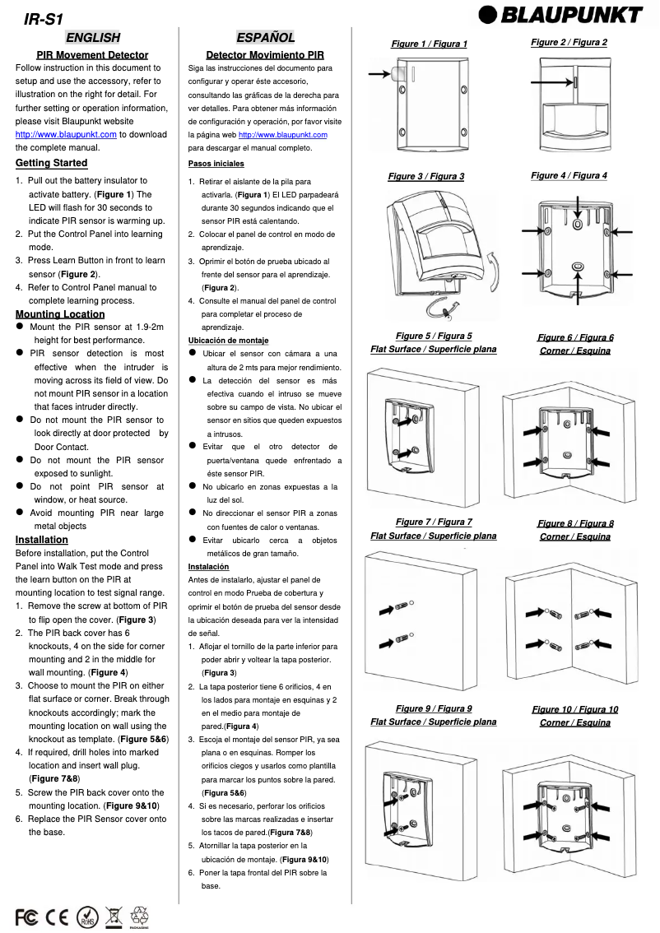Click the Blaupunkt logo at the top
tap(561, 15)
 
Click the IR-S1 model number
tap(44, 18)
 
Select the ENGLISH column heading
tap(93, 37)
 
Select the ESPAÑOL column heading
tap(265, 37)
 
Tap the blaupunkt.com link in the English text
tap(66, 134)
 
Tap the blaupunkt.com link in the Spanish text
tap(282, 134)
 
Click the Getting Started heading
tap(51, 163)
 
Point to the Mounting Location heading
tap(60, 313)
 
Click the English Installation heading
tap(42, 540)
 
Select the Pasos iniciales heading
tap(210, 164)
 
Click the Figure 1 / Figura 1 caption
tap(429, 44)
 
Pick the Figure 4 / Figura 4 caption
tap(569, 175)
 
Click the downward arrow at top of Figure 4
tap(578, 205)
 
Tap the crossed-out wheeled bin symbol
tap(113, 916)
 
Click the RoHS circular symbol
tap(86, 916)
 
